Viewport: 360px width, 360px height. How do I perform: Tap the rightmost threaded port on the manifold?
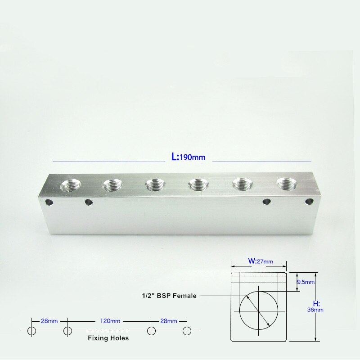tap(288, 184)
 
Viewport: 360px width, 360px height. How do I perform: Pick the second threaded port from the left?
tap(113, 185)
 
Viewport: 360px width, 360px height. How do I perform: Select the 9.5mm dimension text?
tap(306, 282)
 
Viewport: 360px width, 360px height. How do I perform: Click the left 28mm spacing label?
tap(49, 321)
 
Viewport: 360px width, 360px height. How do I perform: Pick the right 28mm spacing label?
tap(168, 321)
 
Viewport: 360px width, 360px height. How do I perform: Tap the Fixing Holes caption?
tap(108, 337)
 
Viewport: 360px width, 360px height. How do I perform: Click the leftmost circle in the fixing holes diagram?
tap(31, 331)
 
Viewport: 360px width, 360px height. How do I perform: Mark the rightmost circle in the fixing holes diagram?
tap(186, 331)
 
